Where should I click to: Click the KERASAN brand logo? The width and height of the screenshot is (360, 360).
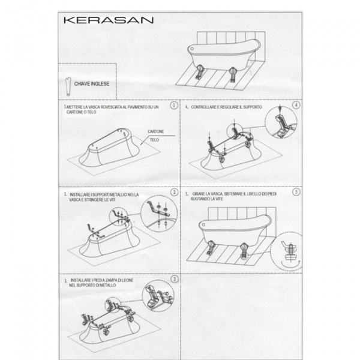[108, 19]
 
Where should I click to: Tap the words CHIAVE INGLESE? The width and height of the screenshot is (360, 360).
[91, 84]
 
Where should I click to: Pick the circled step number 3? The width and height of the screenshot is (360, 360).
[174, 278]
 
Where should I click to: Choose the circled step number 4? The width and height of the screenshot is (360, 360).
[295, 105]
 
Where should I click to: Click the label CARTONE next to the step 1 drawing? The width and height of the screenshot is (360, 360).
[156, 131]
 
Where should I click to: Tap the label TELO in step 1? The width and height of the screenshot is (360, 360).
[154, 139]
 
